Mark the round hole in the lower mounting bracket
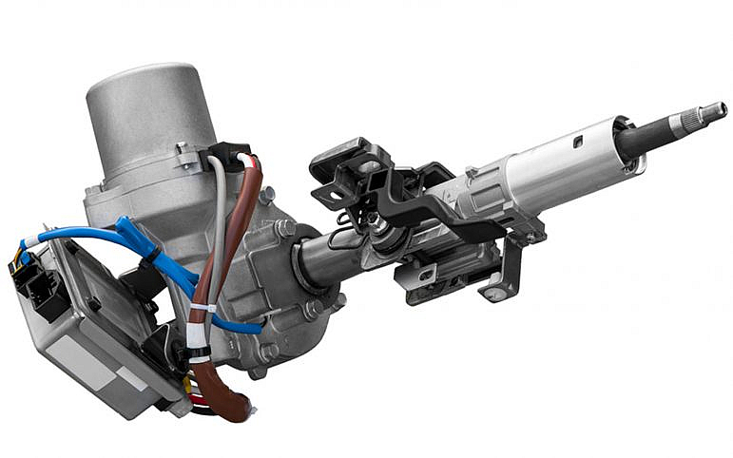pos(493,294)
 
